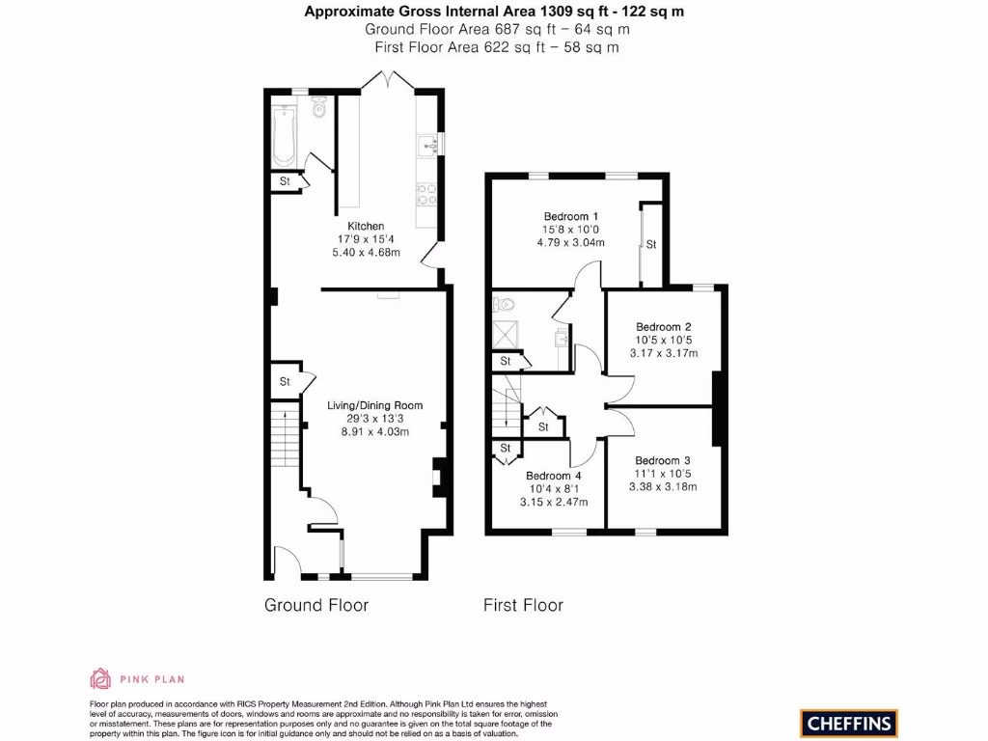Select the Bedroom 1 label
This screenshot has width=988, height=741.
pos(571,216)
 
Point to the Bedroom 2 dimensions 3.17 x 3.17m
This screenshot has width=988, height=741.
pos(665,353)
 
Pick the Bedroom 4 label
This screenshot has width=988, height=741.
pos(554,476)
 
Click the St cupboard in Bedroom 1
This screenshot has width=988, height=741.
pos(651,245)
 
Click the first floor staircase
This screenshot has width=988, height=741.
pos(505,403)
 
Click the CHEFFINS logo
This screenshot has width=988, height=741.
pos(848,723)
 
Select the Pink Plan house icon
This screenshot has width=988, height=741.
pos(100,677)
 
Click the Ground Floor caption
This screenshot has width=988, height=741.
pos(316,606)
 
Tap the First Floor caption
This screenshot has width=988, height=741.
pos(523,606)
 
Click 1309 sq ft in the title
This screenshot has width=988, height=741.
pos(547,12)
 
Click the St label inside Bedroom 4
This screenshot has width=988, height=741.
pos(505,449)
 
